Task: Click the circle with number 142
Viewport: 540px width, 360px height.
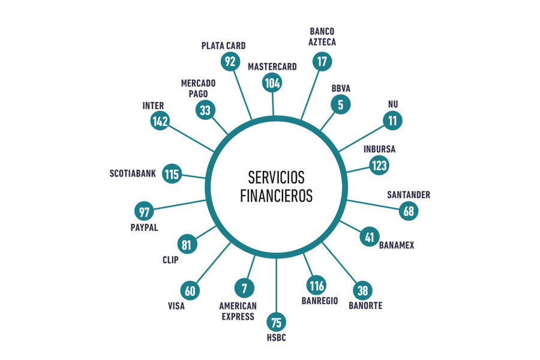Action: click(160, 121)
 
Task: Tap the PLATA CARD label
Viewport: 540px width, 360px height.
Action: click(224, 46)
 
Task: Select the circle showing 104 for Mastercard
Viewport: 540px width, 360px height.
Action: click(272, 83)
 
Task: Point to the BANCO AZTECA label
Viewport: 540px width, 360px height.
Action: click(322, 37)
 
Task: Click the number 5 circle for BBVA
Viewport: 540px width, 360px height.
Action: click(341, 104)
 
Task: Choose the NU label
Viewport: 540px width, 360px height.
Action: click(393, 104)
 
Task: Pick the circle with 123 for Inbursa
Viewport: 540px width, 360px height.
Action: click(379, 166)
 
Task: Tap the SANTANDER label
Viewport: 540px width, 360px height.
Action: click(409, 195)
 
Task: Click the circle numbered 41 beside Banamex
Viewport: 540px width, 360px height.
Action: click(370, 237)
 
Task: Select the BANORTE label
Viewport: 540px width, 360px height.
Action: click(365, 305)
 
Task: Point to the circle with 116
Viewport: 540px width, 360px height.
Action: click(316, 286)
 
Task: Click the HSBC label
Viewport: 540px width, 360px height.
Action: click(276, 338)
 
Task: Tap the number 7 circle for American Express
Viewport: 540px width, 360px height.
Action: click(244, 288)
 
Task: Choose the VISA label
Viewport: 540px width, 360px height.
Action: click(176, 306)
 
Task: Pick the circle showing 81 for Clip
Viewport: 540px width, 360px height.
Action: click(187, 244)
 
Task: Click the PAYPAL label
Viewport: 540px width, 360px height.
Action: click(144, 228)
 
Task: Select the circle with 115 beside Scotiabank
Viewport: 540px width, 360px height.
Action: click(172, 173)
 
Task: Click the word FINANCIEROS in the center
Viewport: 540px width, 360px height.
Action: click(276, 196)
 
